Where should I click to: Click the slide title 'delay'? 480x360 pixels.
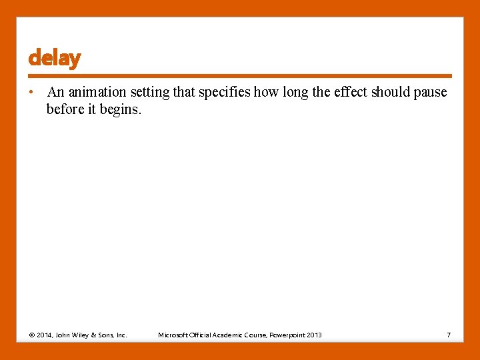(x=54, y=59)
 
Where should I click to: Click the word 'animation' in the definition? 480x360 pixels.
(x=97, y=92)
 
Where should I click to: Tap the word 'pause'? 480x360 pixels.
(x=430, y=92)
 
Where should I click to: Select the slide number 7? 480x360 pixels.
(x=449, y=335)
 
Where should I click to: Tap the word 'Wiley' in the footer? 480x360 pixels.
(x=85, y=335)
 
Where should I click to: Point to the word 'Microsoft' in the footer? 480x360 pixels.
(x=173, y=335)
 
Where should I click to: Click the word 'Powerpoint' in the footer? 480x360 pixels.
(x=286, y=335)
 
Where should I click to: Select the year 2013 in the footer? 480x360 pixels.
(x=314, y=335)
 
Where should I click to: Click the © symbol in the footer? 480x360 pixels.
(x=32, y=335)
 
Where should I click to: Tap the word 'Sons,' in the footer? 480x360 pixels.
(x=109, y=335)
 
